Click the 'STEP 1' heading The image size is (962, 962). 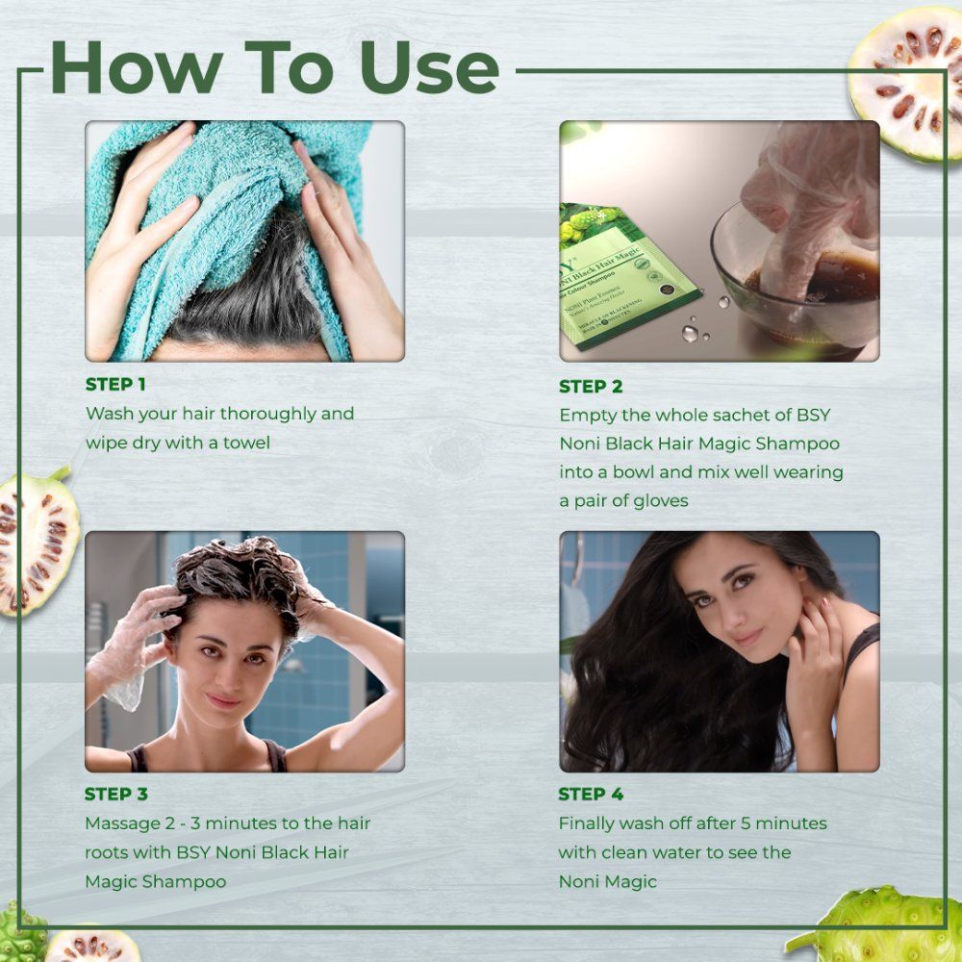coord(115,385)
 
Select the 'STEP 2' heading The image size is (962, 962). coord(591,387)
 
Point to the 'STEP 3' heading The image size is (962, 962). coord(115,795)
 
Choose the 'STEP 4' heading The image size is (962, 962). coord(591,795)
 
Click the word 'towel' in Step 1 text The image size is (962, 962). coord(241,443)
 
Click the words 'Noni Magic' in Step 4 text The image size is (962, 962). coord(607,881)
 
